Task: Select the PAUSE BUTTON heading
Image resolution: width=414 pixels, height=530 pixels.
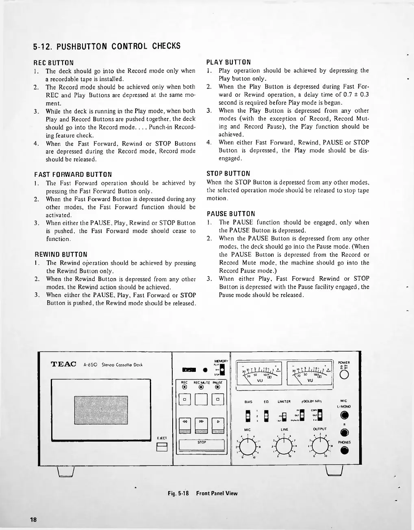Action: click(x=231, y=214)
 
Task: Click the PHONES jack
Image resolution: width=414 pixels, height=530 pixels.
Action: click(x=345, y=451)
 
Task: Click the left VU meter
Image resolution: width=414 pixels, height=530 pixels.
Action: click(x=258, y=373)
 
